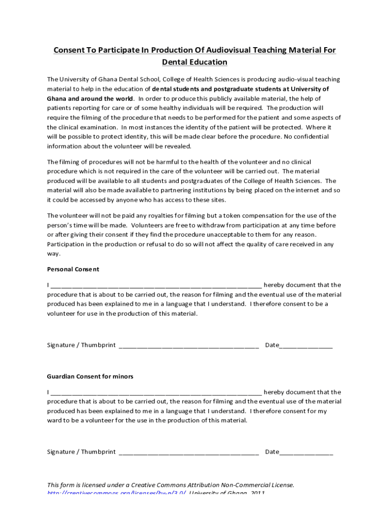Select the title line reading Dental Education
tap(194, 62)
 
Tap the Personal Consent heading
tap(73, 269)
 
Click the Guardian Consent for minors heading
tap(90, 377)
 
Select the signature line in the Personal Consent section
tap(188, 346)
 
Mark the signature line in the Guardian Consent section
tap(188, 453)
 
